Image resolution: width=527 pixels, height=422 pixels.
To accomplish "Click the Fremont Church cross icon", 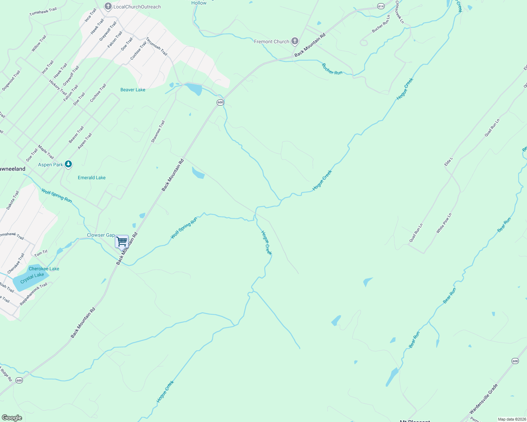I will (x=295, y=41).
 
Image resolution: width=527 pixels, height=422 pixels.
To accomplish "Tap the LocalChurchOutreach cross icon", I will (x=108, y=6).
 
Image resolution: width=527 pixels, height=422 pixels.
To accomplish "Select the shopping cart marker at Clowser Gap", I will (x=122, y=242).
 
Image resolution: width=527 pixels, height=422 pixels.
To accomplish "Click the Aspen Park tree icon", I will (x=68, y=164).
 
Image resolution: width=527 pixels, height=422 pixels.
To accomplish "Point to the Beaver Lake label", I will (x=133, y=90).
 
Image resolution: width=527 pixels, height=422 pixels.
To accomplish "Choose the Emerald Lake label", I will (x=92, y=178).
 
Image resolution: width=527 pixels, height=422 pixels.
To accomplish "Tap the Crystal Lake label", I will (x=32, y=278).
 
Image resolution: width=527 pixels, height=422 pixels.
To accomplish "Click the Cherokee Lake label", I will (x=44, y=269).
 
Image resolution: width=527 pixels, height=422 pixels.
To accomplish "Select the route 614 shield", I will (x=380, y=6).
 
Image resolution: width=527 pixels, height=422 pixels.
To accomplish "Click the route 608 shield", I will (x=515, y=361).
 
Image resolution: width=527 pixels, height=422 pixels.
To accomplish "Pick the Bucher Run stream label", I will (x=332, y=69).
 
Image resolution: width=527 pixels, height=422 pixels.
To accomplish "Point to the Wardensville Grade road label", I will (x=483, y=399).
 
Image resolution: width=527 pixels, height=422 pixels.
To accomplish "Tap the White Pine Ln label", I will (x=444, y=223).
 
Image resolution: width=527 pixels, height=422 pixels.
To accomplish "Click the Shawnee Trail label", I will (x=158, y=132).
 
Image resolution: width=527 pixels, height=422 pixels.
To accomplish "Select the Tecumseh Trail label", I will (x=156, y=46).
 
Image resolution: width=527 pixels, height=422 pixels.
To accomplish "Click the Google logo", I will (x=12, y=418).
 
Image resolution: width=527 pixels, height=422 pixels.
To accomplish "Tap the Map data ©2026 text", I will (x=512, y=419).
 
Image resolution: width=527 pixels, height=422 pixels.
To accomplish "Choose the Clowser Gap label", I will (x=101, y=235).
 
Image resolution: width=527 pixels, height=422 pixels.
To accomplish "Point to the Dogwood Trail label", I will (x=11, y=81).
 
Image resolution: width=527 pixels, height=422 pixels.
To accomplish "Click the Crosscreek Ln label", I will (x=399, y=12).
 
